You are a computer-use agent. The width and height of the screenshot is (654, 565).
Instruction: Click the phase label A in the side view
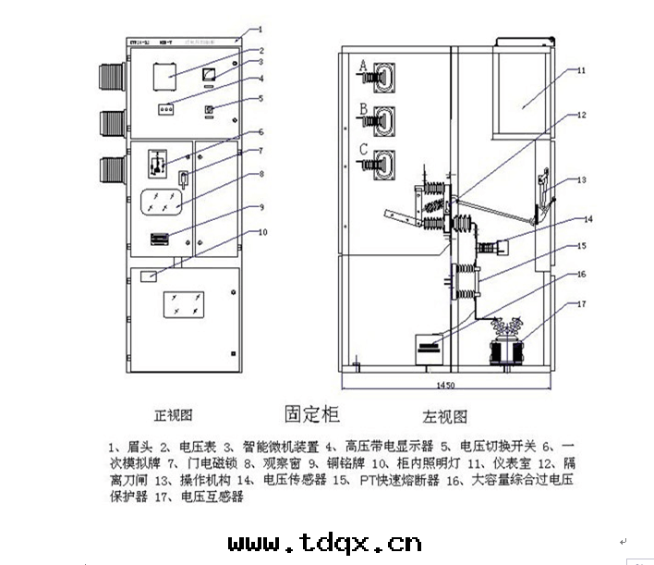click(363, 66)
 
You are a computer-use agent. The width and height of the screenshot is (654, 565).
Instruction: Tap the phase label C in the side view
click(364, 148)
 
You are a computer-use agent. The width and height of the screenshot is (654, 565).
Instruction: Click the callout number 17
click(581, 303)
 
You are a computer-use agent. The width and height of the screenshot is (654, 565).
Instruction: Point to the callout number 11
click(581, 70)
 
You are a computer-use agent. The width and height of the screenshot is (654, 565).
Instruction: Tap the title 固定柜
click(312, 409)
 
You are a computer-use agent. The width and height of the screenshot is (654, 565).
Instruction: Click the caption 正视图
click(173, 414)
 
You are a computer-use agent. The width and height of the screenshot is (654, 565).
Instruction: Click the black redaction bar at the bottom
click(326, 541)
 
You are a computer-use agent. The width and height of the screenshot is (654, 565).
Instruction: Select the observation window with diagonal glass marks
click(167, 203)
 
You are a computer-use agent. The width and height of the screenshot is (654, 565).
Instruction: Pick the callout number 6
click(261, 132)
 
